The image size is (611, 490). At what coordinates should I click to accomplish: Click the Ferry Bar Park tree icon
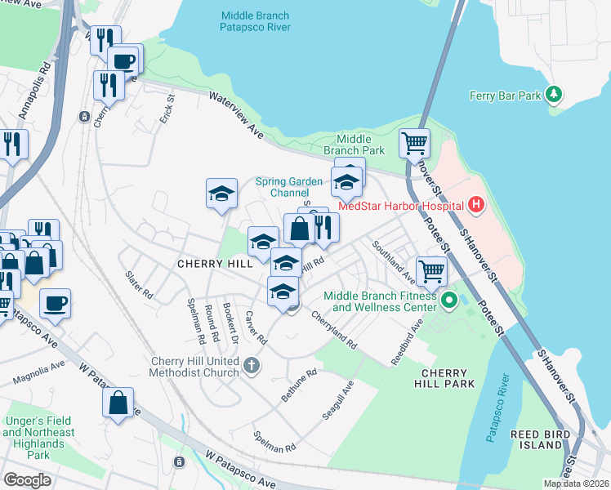555,96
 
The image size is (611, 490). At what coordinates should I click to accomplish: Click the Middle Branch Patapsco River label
255,22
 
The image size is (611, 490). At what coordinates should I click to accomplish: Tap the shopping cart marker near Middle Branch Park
414,144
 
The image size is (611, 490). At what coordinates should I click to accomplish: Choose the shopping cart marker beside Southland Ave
431,270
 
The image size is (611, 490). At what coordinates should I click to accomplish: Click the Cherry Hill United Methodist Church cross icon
252,367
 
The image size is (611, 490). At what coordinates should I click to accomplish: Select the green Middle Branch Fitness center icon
448,302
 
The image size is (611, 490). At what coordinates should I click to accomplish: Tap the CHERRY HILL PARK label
444,378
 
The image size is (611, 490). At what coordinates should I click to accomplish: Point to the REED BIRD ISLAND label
537,439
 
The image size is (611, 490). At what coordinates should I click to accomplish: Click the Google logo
27,479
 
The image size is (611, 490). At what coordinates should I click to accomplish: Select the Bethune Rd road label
298,384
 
